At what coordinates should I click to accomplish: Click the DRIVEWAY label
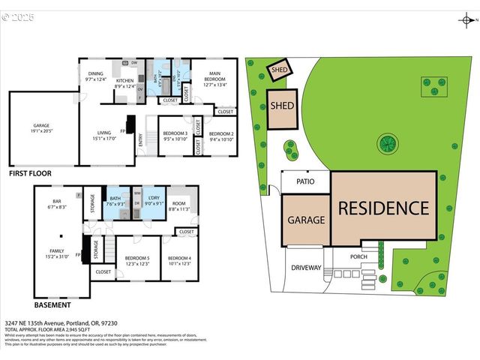coord(306,268)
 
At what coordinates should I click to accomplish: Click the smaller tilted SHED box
coord(280,70)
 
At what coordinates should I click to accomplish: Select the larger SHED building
coord(283,106)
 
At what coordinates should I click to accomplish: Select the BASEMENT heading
coord(53,305)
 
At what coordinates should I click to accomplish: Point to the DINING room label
coord(95,73)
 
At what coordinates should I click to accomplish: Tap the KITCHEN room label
coord(124,80)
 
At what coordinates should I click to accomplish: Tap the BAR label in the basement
coord(55,202)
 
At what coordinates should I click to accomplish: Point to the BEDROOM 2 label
coord(222,133)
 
